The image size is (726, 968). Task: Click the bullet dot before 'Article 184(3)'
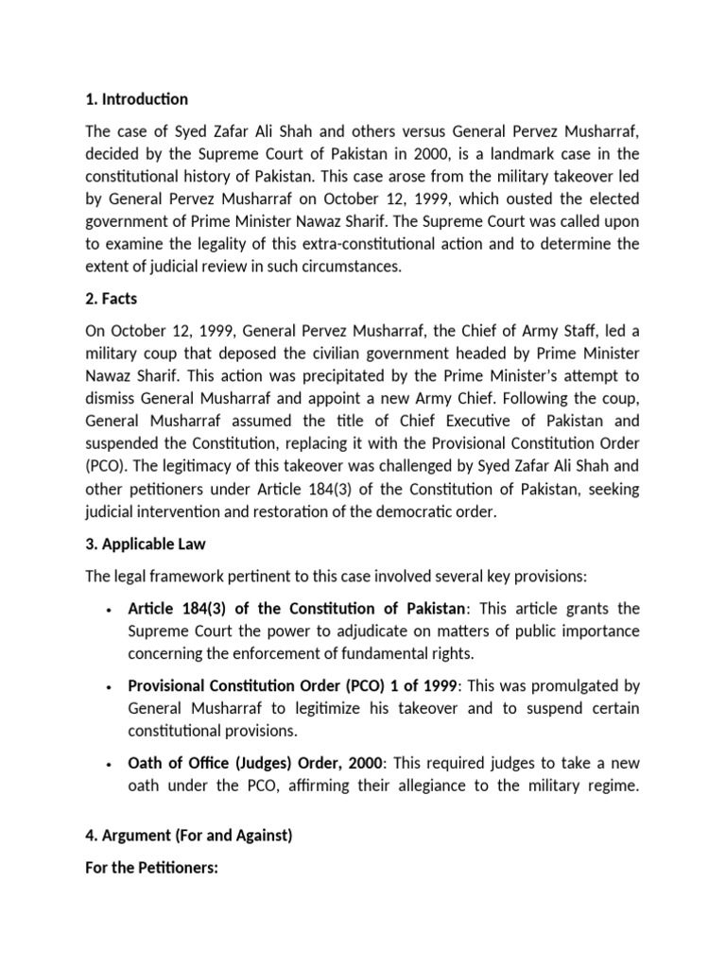coord(112,609)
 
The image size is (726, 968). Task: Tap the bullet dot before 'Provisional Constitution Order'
coord(112,684)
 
